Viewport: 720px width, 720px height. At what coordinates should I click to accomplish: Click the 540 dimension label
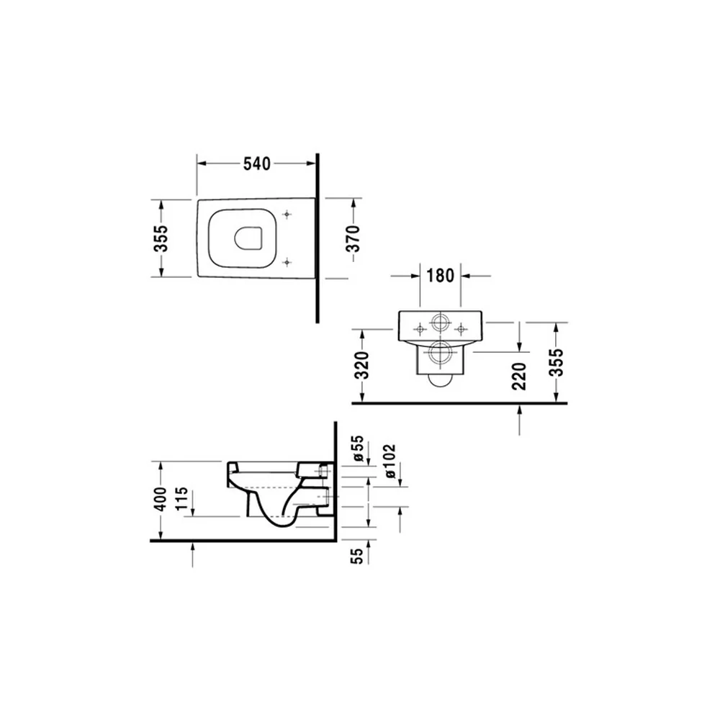tap(257, 164)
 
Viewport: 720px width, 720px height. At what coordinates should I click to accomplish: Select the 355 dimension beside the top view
tap(161, 238)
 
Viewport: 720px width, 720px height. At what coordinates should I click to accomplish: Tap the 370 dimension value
tap(354, 238)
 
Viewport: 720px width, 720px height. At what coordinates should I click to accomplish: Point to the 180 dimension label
tap(441, 276)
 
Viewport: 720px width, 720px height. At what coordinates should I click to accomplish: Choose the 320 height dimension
tap(363, 366)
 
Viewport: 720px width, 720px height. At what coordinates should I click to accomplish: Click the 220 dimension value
tap(519, 376)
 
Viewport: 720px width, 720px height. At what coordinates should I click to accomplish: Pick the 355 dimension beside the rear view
tap(556, 362)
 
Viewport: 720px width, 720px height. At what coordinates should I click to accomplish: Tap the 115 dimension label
tap(182, 498)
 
